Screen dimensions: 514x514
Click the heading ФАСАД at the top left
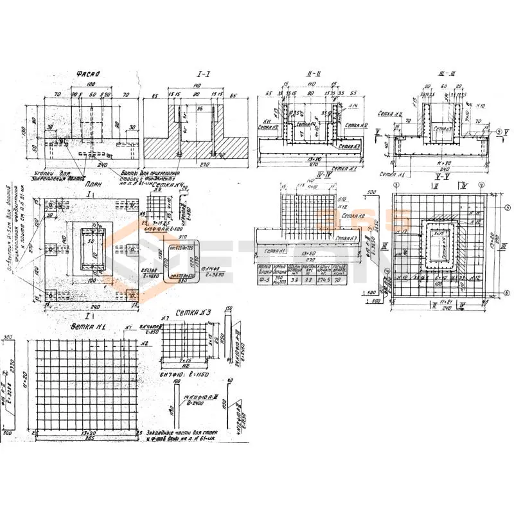point(85,74)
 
